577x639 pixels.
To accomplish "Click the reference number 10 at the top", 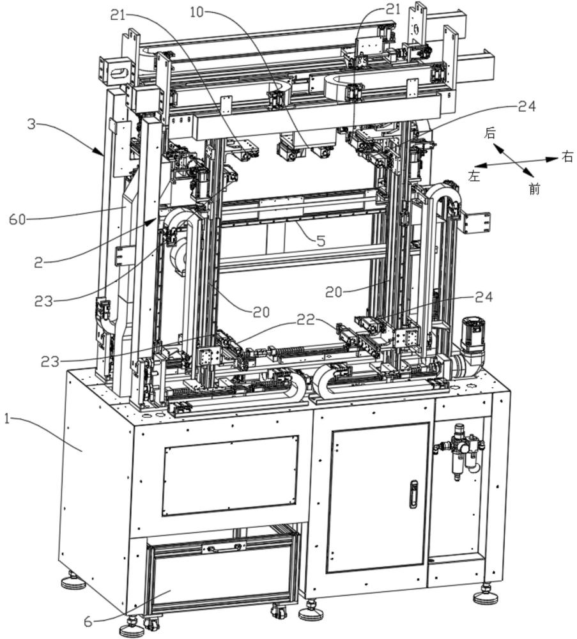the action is [197, 12].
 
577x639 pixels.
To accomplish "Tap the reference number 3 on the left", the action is [32, 123].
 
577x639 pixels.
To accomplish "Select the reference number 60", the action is [17, 220].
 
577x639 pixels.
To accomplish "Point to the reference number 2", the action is [38, 263].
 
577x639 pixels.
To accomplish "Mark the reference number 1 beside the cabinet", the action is [7, 418].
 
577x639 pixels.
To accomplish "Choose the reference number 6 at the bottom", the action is [88, 622].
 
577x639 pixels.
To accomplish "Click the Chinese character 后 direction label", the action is [490, 133].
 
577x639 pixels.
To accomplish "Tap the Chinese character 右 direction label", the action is [567, 157].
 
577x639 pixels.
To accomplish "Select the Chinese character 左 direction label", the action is [474, 176].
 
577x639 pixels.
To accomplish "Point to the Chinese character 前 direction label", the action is [534, 189].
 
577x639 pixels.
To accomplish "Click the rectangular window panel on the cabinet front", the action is [230, 475].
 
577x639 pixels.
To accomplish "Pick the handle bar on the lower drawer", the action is [224, 547].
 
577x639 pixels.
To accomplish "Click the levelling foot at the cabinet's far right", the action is [486, 596].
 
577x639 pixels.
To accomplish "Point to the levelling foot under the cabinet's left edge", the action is [73, 581].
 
